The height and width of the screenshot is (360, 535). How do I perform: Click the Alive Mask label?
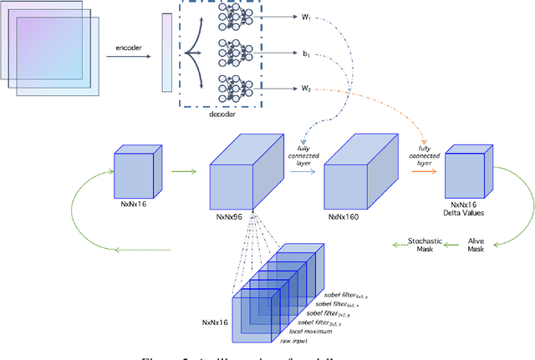coord(476,244)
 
